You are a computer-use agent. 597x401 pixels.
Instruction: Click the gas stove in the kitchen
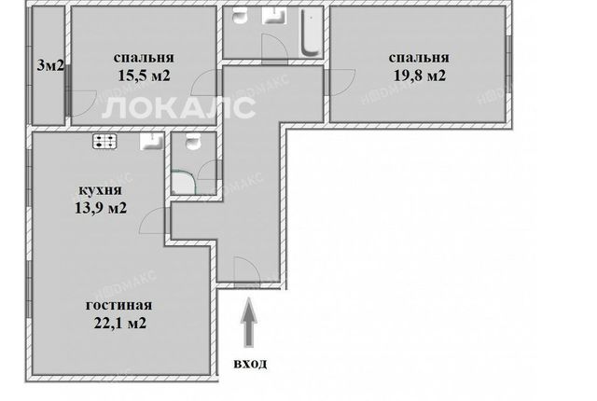tap(104, 142)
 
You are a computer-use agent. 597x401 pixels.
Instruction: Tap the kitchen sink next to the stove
tap(151, 142)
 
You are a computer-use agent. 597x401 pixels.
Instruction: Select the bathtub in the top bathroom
tap(311, 33)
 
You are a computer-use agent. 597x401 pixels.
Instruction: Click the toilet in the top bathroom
tap(240, 16)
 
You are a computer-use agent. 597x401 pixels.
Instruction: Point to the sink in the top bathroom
tap(274, 16)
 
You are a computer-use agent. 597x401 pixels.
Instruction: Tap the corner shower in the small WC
tap(183, 183)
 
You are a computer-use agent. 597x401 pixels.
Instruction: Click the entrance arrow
tap(249, 323)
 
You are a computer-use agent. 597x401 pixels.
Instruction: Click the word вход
tap(250, 364)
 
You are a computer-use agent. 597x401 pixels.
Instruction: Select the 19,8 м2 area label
tap(419, 76)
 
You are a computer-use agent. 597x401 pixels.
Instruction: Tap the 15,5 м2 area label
tap(144, 76)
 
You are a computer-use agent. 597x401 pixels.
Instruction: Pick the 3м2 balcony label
tap(49, 66)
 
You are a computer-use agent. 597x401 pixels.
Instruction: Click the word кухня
tap(100, 190)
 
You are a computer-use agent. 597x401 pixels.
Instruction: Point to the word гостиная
tap(118, 305)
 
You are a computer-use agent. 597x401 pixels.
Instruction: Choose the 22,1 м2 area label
tap(120, 323)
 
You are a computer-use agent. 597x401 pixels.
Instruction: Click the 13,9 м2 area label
tap(101, 208)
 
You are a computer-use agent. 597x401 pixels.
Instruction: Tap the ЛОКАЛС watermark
tap(179, 107)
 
